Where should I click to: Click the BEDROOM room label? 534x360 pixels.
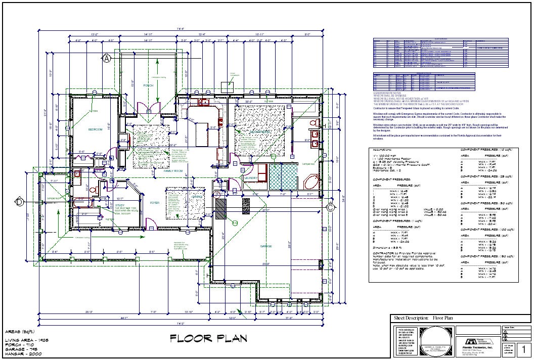click(x=95, y=129)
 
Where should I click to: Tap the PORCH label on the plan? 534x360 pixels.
click(x=148, y=85)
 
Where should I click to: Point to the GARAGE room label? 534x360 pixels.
click(x=266, y=247)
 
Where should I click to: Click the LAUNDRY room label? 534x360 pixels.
click(x=251, y=178)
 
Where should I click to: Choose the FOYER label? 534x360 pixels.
click(x=154, y=202)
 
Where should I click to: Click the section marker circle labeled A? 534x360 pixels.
click(x=107, y=59)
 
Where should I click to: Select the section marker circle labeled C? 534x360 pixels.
click(x=330, y=207)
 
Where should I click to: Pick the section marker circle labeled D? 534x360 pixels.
click(x=19, y=202)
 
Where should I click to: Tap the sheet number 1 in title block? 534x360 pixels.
click(x=524, y=348)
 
